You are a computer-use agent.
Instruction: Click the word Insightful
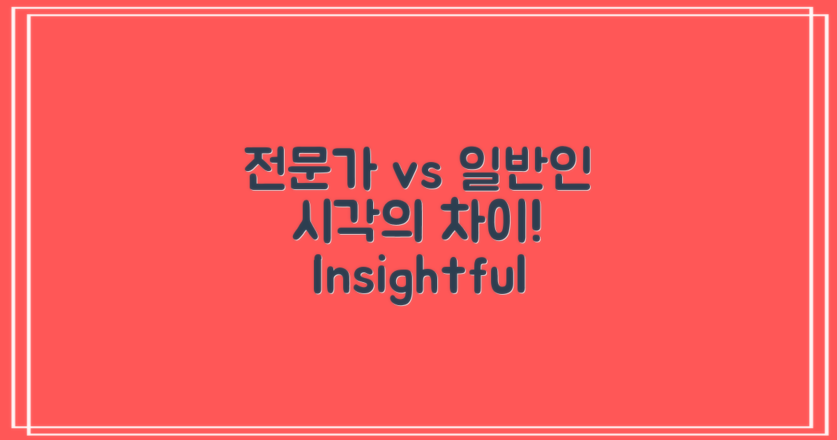tap(418, 278)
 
